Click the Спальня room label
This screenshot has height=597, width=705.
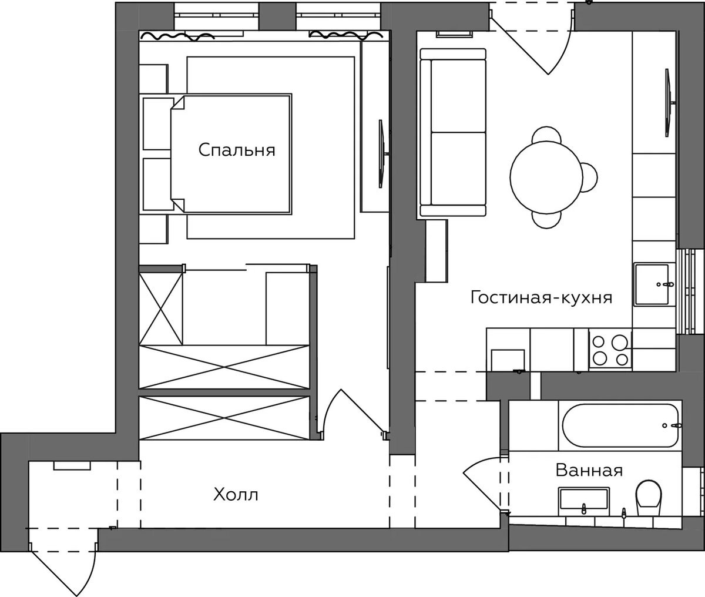tap(237, 150)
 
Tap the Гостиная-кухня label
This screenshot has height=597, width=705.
tap(541, 297)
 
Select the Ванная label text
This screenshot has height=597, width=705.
tap(589, 470)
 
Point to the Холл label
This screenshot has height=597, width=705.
tap(236, 495)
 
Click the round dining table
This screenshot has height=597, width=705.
tap(546, 177)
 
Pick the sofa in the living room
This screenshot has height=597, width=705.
tap(453, 132)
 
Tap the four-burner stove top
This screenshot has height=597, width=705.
tap(610, 350)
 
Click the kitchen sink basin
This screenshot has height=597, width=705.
tap(651, 284)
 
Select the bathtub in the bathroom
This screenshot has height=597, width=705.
tap(620, 426)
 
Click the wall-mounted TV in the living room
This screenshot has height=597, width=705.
tap(669, 103)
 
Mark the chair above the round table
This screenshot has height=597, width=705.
tap(546, 135)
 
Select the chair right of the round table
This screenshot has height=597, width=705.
tap(590, 177)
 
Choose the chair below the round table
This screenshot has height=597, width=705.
tap(546, 220)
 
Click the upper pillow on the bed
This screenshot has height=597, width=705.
tap(158, 123)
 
